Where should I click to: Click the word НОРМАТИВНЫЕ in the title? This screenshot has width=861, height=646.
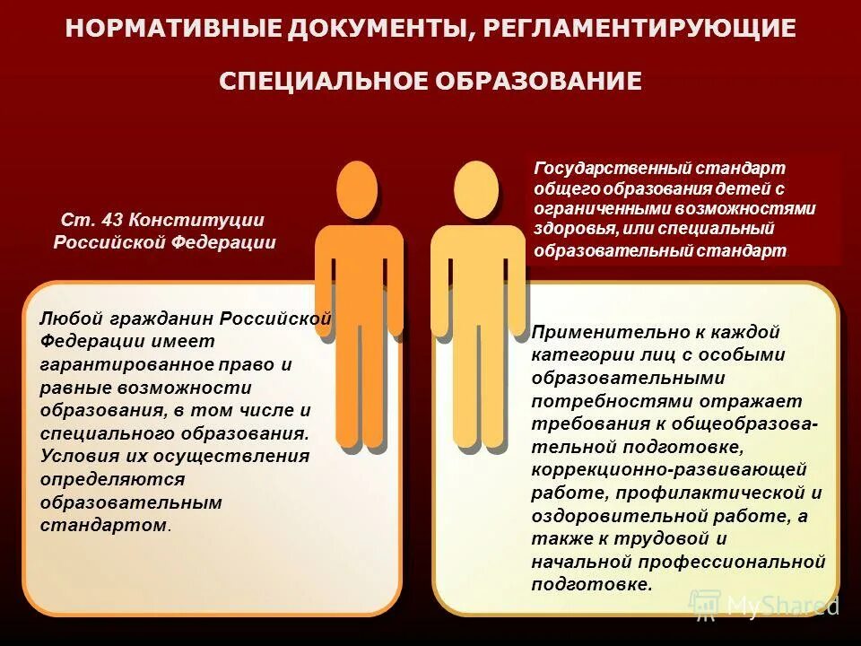[x=173, y=29]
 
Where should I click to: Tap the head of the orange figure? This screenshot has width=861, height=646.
[x=357, y=189]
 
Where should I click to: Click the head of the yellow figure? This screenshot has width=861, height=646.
[x=475, y=189]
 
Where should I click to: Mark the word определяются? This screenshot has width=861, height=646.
[x=99, y=479]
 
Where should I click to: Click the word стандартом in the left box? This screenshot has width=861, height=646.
[x=103, y=525]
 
